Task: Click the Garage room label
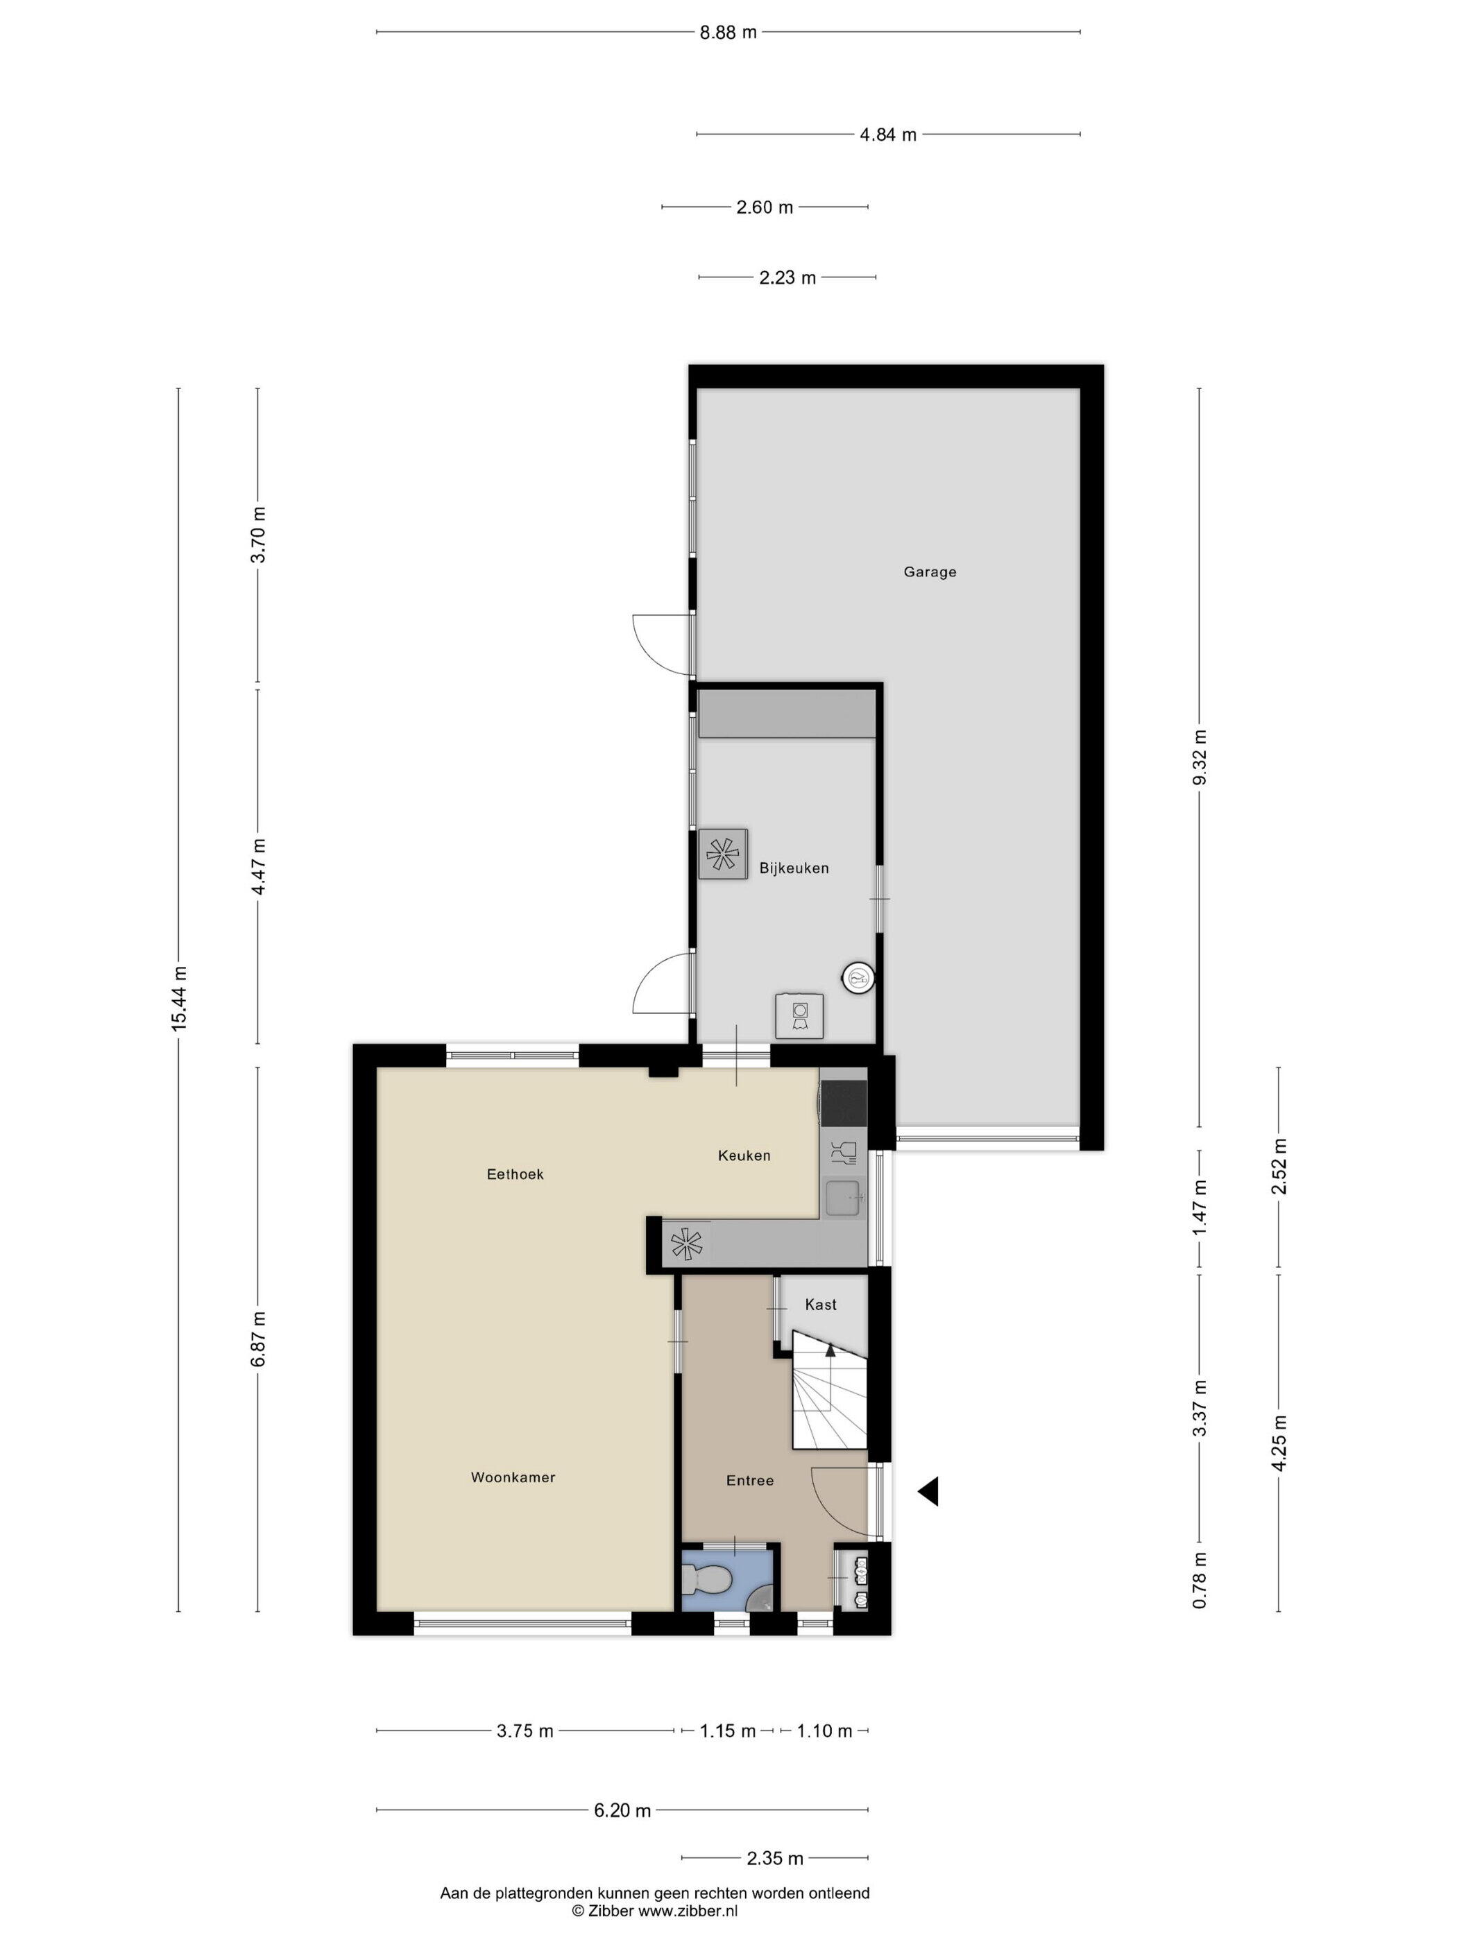click(x=929, y=572)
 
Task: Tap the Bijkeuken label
click(x=794, y=868)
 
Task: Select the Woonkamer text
click(x=513, y=1477)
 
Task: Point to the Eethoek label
click(x=516, y=1174)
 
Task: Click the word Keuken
click(x=744, y=1155)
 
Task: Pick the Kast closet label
click(x=820, y=1305)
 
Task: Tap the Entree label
click(x=750, y=1480)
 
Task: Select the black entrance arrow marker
click(x=928, y=1490)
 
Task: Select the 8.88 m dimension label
click(x=728, y=33)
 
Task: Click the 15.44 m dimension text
click(x=179, y=998)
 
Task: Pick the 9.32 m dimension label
click(x=1200, y=757)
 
